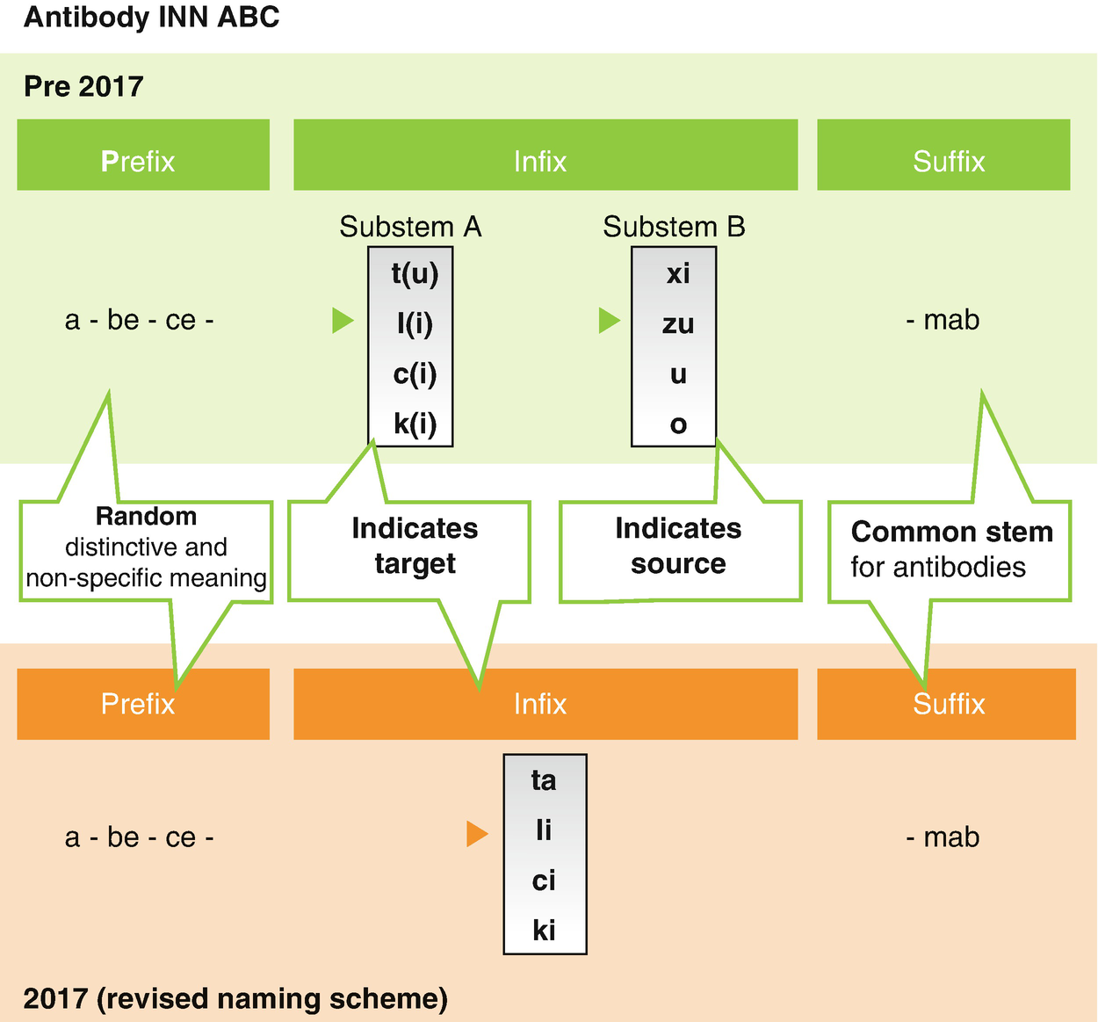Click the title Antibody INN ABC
pyautogui.click(x=151, y=18)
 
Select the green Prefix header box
pyautogui.click(x=143, y=156)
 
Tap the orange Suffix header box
pyautogui.click(x=946, y=704)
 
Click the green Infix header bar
pyautogui.click(x=545, y=156)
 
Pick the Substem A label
pyautogui.click(x=410, y=227)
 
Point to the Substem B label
pyautogui.click(x=674, y=227)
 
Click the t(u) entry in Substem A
pyautogui.click(x=415, y=274)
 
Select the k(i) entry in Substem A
pyautogui.click(x=415, y=424)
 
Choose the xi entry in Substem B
pyautogui.click(x=677, y=274)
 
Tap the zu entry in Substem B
pyautogui.click(x=677, y=324)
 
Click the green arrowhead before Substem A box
pyautogui.click(x=343, y=321)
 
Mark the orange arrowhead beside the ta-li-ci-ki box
pyautogui.click(x=477, y=833)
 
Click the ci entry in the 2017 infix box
pyautogui.click(x=544, y=881)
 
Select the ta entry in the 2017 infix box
pyautogui.click(x=544, y=780)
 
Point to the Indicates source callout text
pyautogui.click(x=678, y=546)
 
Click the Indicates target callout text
pyautogui.click(x=415, y=546)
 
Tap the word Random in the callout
pyautogui.click(x=146, y=516)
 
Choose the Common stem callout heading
pyautogui.click(x=951, y=532)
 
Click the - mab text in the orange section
pyautogui.click(x=943, y=837)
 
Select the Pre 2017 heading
pyautogui.click(x=83, y=86)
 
